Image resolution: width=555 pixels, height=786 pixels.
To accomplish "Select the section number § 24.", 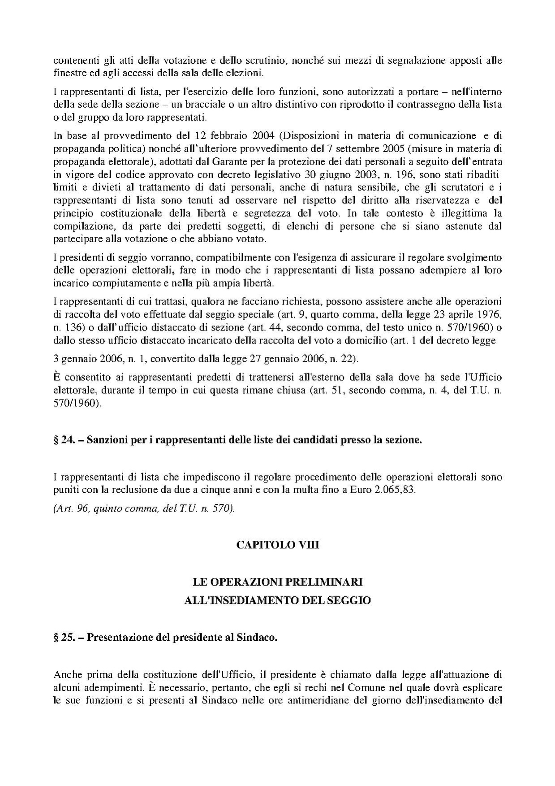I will [63, 440].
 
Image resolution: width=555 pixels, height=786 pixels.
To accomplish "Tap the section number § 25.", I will [63, 637].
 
